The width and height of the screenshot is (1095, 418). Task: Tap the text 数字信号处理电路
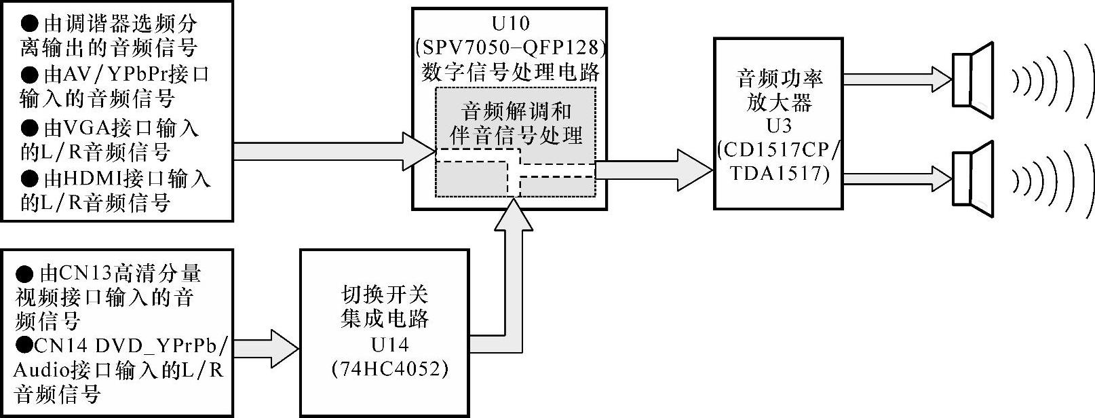(x=510, y=71)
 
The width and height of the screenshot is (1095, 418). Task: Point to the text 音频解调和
(x=516, y=111)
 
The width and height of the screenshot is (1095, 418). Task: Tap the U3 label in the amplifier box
(x=778, y=126)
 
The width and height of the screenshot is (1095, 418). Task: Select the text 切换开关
(x=384, y=294)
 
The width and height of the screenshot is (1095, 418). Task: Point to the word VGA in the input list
(x=83, y=128)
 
